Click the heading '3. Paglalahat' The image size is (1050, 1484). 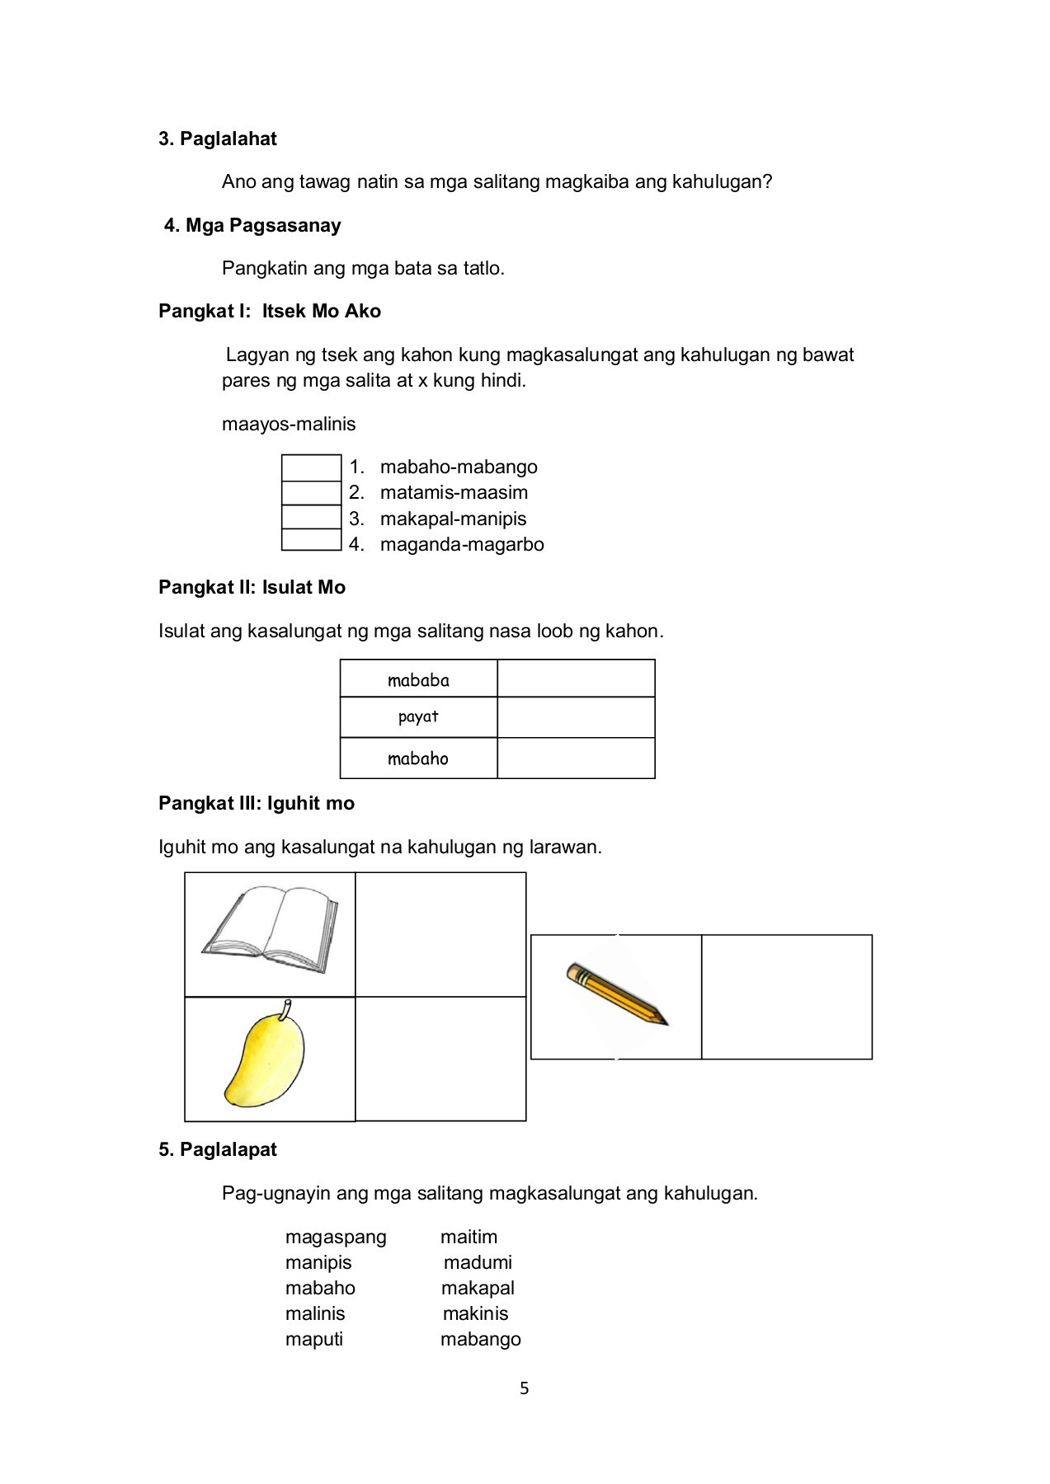click(x=218, y=139)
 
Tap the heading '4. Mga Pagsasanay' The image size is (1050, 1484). click(x=252, y=225)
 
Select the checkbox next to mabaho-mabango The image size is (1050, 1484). click(x=311, y=467)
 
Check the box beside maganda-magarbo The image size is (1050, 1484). click(x=311, y=540)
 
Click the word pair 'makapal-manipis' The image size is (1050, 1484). click(x=453, y=519)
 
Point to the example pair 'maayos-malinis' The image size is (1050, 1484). click(x=289, y=424)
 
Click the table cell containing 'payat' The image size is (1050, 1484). click(x=418, y=717)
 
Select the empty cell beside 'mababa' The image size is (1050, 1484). click(x=576, y=679)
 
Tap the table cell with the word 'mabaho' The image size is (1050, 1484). click(x=418, y=758)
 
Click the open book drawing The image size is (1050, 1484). click(x=270, y=923)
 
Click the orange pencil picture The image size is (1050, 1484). click(x=617, y=995)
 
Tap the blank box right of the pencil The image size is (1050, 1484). click(x=786, y=997)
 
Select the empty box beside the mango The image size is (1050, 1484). click(x=440, y=1059)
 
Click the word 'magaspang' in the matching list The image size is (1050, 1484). click(x=336, y=1237)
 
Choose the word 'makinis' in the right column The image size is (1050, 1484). click(x=475, y=1313)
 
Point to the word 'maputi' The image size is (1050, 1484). click(x=314, y=1339)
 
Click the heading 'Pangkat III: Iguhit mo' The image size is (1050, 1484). click(x=257, y=803)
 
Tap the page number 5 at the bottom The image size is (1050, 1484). click(x=525, y=1389)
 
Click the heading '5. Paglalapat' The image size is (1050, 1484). click(x=218, y=1149)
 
